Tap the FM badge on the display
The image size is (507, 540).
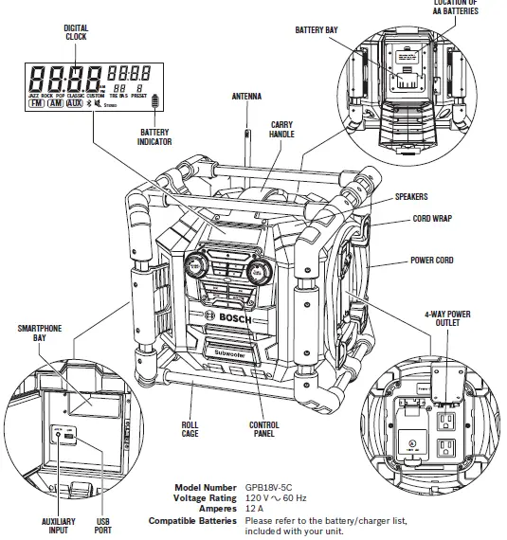[37, 102]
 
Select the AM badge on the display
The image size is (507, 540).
[56, 102]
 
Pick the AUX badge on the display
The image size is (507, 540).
[75, 102]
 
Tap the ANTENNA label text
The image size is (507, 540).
[246, 97]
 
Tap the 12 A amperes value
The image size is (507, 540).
[254, 508]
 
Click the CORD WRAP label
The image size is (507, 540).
[429, 218]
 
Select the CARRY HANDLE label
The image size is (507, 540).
[281, 131]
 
